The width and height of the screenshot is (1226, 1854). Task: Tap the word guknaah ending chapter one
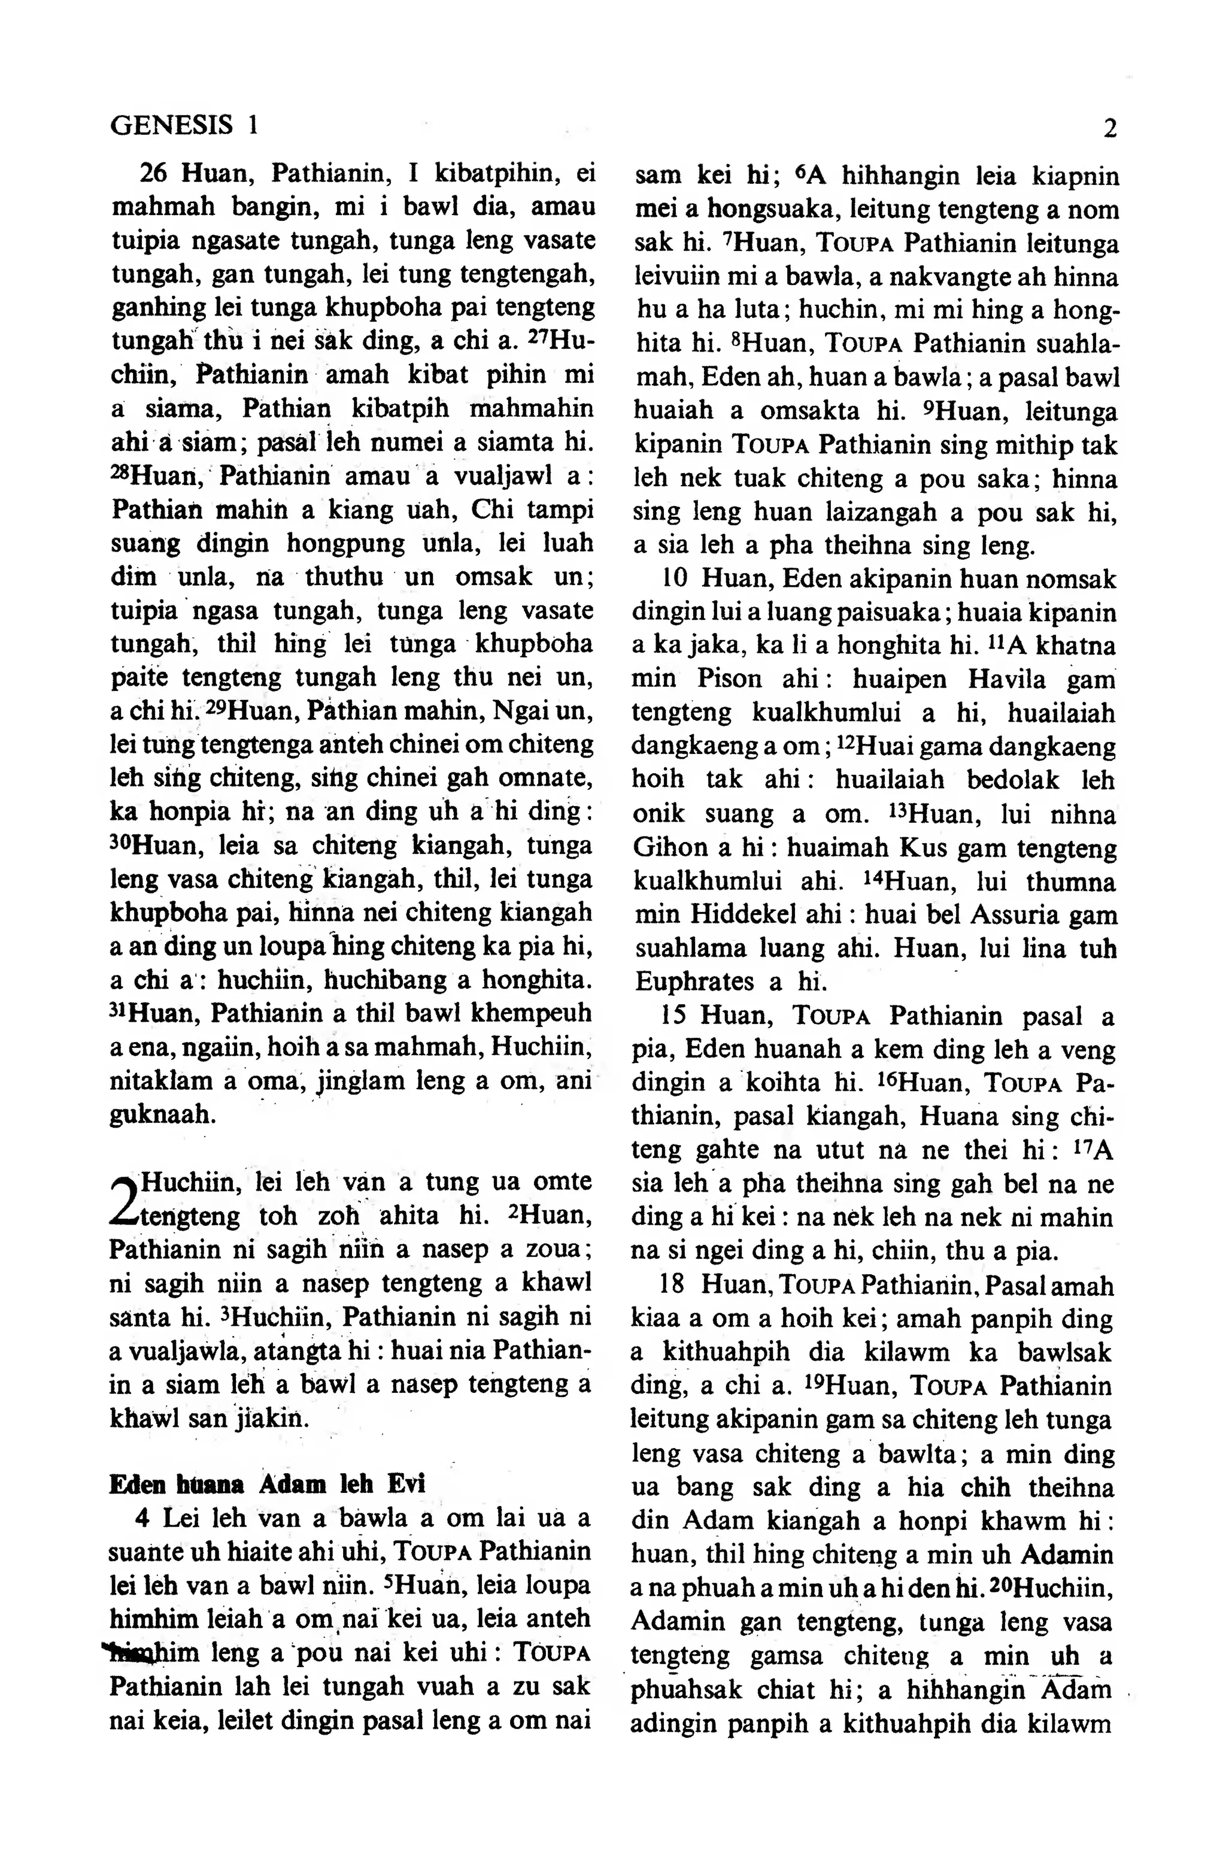162,1113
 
